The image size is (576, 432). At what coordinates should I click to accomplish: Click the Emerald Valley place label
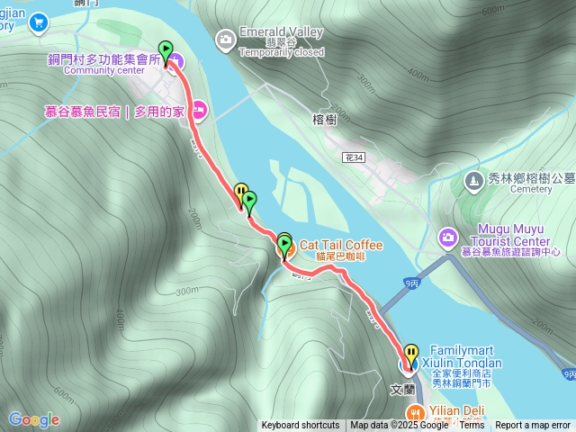282,32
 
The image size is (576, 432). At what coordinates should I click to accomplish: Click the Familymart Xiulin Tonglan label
465,355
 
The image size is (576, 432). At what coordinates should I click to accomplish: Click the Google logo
33,419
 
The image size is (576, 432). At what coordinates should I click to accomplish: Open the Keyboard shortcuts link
301,426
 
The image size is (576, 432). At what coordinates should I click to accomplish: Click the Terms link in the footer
472,426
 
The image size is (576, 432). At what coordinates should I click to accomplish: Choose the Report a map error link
533,426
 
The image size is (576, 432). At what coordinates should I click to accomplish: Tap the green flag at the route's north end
166,50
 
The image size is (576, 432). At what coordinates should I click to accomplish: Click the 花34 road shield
354,157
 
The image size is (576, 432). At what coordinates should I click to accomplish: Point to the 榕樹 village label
324,120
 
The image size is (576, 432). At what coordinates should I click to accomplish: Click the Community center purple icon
175,61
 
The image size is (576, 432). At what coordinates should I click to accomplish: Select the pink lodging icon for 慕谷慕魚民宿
199,111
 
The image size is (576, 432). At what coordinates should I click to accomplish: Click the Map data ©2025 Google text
401,426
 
